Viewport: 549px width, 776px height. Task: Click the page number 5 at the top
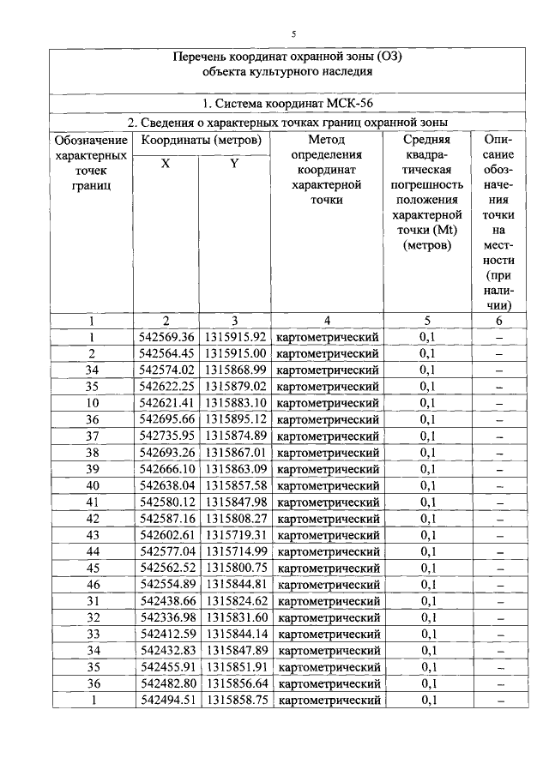(293, 33)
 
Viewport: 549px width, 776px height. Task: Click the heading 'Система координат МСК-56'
(293, 105)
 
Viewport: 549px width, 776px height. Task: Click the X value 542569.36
(166, 337)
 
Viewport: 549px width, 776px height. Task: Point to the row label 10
(91, 403)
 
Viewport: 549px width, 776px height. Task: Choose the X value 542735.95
(166, 436)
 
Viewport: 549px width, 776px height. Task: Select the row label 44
(91, 551)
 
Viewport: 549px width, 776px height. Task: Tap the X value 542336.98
(166, 617)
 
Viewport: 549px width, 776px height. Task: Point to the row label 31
(91, 601)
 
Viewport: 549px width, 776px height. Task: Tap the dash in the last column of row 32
(498, 617)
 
